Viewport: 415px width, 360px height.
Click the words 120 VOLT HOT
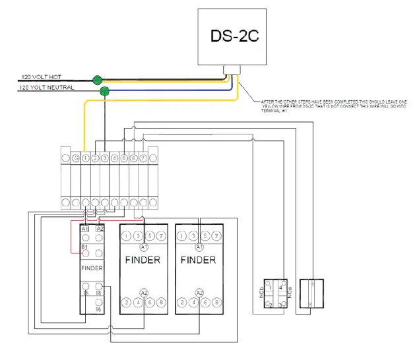43,77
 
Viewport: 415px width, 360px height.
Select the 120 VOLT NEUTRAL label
47,88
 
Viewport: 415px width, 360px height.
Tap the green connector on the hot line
98,80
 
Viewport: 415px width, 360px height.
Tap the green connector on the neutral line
104,92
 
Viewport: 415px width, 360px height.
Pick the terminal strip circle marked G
76,158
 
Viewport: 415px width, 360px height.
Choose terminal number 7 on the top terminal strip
143,158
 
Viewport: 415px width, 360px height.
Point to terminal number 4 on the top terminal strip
114,158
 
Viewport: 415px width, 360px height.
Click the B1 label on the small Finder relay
84,248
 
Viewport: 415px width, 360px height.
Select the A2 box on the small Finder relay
100,228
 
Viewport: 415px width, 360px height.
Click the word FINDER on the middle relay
143,260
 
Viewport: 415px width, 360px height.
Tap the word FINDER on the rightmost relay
198,260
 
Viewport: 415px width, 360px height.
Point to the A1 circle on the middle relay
143,246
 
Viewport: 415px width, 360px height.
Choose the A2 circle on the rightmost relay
199,291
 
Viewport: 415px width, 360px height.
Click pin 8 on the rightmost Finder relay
217,303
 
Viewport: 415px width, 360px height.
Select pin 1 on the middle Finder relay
125,236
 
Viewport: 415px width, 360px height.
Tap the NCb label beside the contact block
262,292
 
